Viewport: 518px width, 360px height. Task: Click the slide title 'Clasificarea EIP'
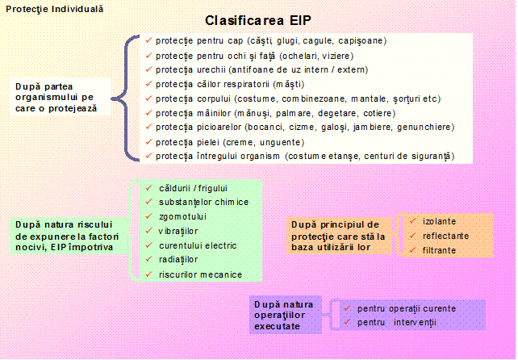tap(258, 20)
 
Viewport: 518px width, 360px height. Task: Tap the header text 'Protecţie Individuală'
tap(55, 9)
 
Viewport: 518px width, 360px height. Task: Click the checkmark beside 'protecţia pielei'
tap(149, 142)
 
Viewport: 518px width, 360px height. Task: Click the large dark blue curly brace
tap(126, 98)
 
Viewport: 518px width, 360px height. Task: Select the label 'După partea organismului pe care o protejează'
tap(56, 98)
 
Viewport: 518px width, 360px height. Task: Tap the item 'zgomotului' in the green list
tap(182, 216)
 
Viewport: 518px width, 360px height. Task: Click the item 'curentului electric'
tap(198, 245)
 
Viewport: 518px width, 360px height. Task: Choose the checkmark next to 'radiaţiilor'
tap(149, 259)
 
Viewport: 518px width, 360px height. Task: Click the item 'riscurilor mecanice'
tap(201, 274)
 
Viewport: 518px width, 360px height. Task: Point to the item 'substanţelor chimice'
tap(203, 202)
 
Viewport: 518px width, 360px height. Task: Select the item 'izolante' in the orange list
tap(439, 221)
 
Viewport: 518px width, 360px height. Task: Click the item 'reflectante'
tap(445, 236)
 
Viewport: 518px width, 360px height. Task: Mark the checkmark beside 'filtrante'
tap(412, 250)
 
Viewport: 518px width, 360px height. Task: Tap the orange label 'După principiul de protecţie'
tap(338, 236)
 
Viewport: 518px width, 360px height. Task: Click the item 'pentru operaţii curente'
tap(407, 309)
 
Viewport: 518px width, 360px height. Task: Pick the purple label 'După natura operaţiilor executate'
tap(284, 315)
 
